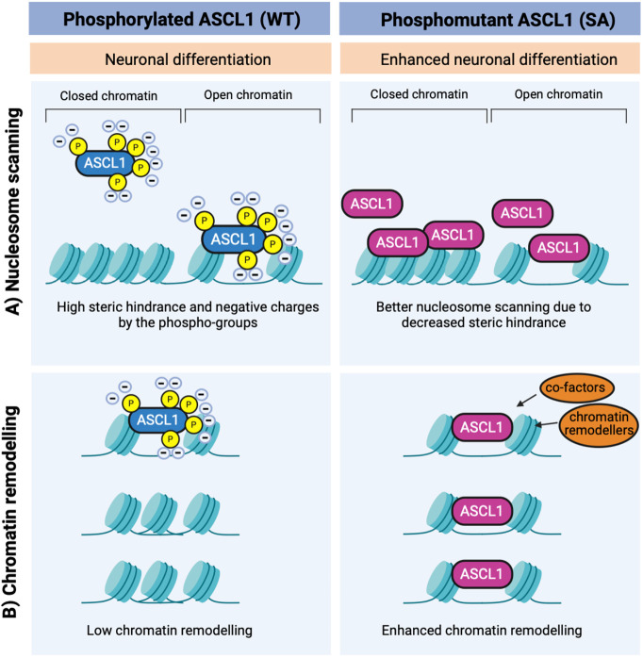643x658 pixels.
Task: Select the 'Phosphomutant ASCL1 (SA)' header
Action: pyautogui.click(x=488, y=19)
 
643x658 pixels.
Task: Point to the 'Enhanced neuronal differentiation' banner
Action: pyautogui.click(x=488, y=58)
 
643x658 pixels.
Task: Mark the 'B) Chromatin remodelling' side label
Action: pyautogui.click(x=14, y=512)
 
